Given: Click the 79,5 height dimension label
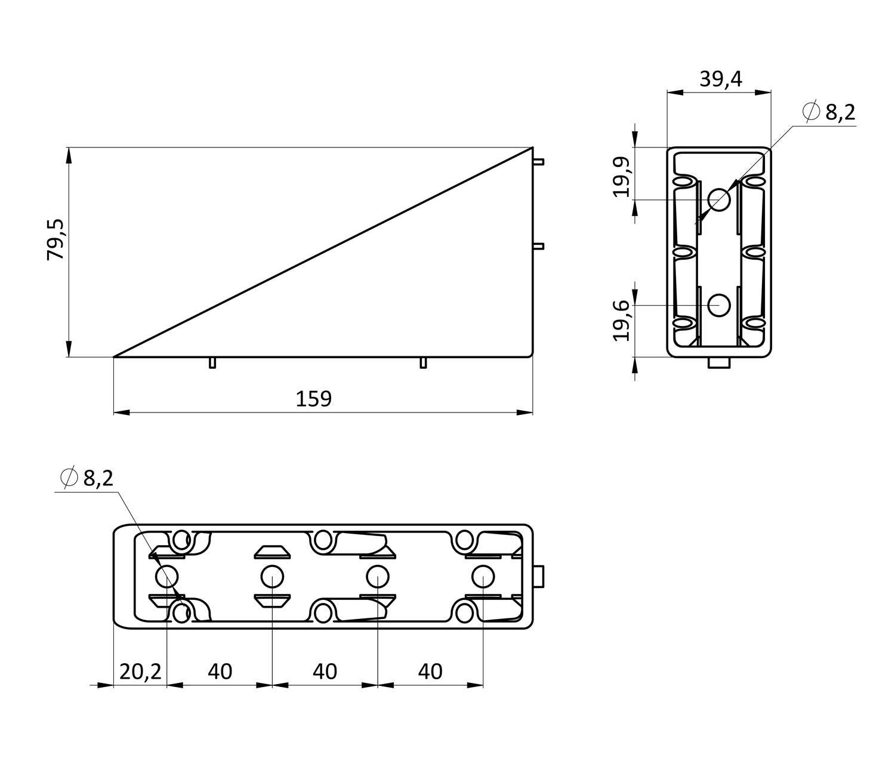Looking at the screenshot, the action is [x=56, y=239].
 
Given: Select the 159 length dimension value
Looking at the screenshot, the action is [x=313, y=399].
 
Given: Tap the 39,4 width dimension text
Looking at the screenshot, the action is [x=721, y=79].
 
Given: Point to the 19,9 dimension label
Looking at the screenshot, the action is [x=622, y=176].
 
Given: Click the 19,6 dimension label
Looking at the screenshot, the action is [x=622, y=321].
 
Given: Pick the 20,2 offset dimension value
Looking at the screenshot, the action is [x=140, y=672].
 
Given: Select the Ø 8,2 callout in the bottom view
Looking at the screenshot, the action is [x=87, y=478].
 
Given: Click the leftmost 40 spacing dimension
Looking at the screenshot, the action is [x=220, y=672].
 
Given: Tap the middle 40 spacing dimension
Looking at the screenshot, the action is [x=325, y=672].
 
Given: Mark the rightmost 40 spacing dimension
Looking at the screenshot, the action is [x=430, y=672].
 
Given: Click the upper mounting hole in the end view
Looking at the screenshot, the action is [x=719, y=200].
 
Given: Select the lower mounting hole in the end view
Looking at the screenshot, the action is [x=719, y=306].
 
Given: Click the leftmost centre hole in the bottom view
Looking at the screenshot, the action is [x=166, y=577].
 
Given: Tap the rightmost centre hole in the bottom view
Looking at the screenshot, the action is [x=483, y=577].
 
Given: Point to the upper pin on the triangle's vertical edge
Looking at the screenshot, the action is [x=538, y=162].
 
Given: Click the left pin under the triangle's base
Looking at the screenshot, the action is [x=212, y=363].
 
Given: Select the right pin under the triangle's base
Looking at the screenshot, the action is [x=424, y=363].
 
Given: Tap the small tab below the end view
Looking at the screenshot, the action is [x=719, y=363].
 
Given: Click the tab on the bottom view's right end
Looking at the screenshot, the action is [x=539, y=577].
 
